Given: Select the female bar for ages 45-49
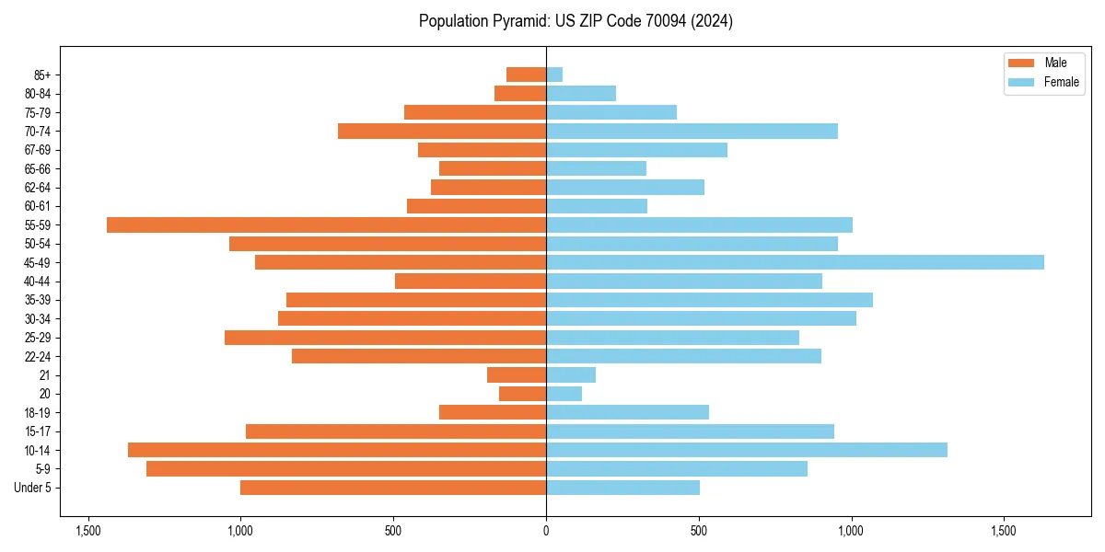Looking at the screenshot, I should click(x=795, y=262).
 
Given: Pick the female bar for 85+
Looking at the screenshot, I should click(x=554, y=75).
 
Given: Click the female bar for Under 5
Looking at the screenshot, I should click(x=622, y=488).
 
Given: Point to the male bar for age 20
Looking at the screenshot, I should click(x=522, y=394).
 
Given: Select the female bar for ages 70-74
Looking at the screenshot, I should click(x=692, y=131).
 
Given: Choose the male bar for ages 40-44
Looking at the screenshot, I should click(x=471, y=281).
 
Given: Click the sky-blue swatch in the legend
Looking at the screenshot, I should click(x=1021, y=82).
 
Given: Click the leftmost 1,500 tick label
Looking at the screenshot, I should click(x=88, y=532).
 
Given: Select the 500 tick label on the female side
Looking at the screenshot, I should click(x=699, y=532).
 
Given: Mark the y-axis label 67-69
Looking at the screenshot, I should click(x=39, y=150).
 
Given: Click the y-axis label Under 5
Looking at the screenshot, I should click(x=33, y=488).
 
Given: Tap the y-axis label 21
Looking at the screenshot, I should click(x=45, y=375).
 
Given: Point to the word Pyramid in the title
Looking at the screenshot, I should click(x=517, y=21).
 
